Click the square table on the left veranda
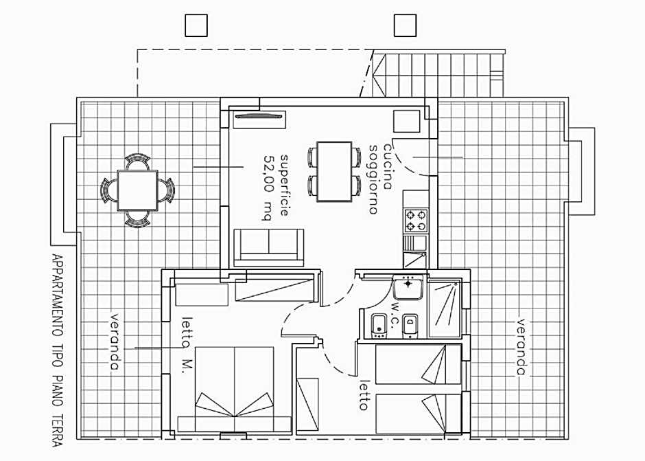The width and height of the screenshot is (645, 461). click(x=137, y=190)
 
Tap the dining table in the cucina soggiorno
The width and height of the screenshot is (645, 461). click(x=334, y=171)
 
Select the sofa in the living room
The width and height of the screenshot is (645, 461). click(x=268, y=247)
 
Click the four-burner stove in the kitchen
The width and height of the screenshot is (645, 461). click(x=415, y=221)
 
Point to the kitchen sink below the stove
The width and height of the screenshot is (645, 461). click(x=415, y=251)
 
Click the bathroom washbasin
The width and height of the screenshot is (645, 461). click(x=408, y=287)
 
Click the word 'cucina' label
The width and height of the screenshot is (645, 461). click(x=388, y=166)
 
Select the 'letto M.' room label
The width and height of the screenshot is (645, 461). click(x=187, y=345)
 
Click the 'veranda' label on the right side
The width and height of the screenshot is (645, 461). click(x=521, y=347)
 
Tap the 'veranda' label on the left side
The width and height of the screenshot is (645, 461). click(x=115, y=342)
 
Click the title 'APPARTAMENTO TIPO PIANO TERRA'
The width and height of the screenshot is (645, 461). click(x=58, y=350)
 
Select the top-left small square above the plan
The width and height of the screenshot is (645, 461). click(x=196, y=25)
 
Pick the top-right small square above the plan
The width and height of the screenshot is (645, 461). click(x=405, y=25)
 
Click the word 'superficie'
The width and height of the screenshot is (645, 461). click(x=285, y=185)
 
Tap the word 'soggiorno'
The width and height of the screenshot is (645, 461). click(x=373, y=179)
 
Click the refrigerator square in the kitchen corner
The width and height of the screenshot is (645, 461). click(x=406, y=122)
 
